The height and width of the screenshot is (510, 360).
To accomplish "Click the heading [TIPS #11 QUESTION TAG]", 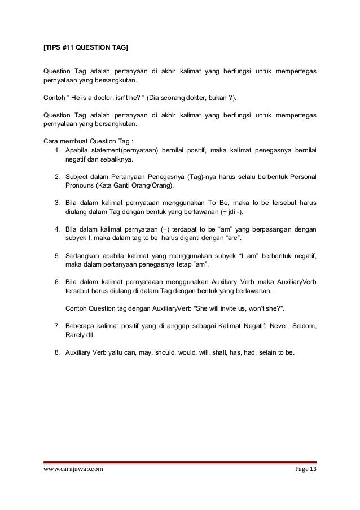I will (x=86, y=50).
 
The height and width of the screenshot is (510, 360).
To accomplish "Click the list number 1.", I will (x=58, y=150).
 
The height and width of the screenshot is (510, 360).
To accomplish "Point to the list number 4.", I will (x=58, y=229).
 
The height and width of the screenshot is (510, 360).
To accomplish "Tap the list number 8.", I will (x=58, y=354).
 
